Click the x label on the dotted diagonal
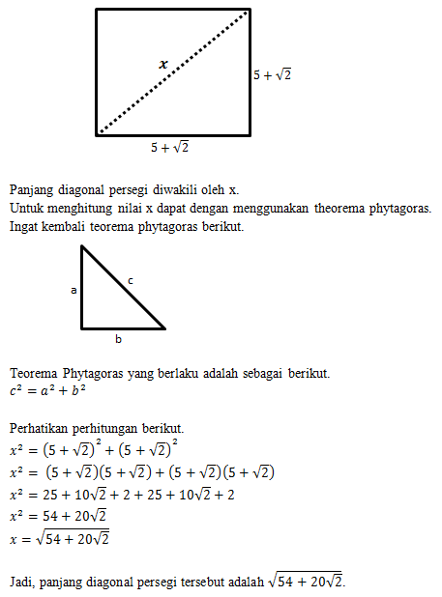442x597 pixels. point(163,64)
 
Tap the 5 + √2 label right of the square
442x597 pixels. point(272,74)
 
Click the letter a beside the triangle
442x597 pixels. point(73,289)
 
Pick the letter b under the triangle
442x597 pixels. point(118,339)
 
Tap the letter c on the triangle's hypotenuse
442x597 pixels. point(131,280)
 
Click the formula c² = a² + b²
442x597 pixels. point(49,390)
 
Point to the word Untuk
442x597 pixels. point(27,209)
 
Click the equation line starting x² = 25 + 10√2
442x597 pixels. point(121,494)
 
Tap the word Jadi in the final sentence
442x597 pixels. point(21,583)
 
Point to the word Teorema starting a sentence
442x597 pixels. point(34,372)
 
